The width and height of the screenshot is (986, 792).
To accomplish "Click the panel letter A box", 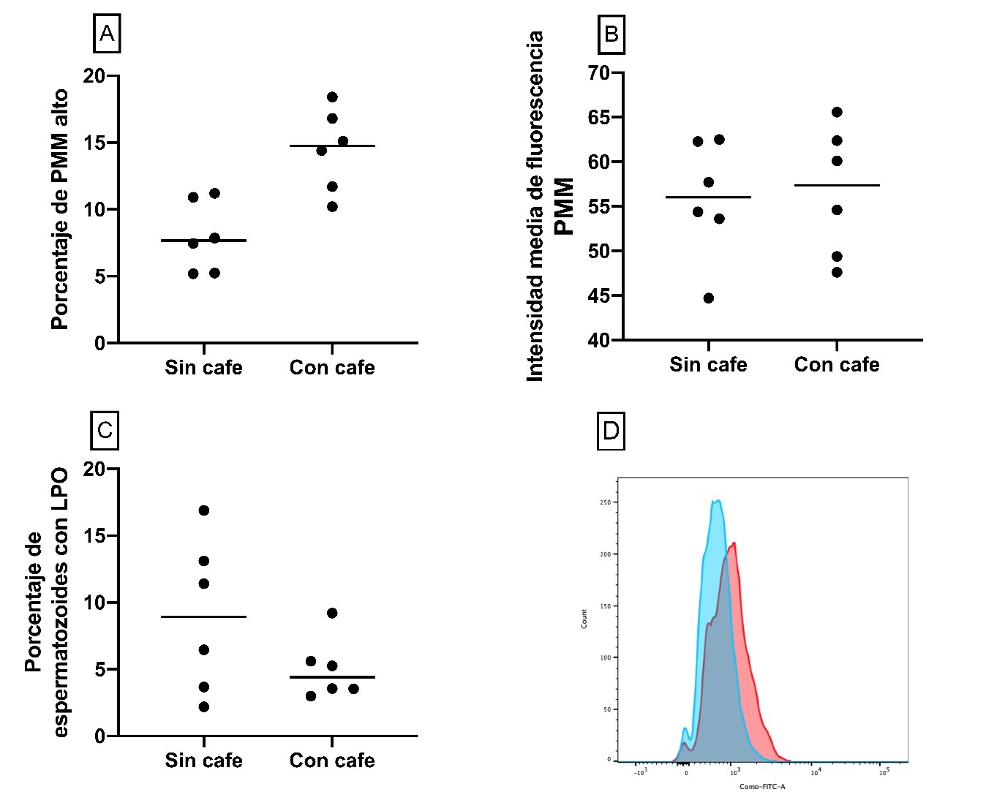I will point(107,34).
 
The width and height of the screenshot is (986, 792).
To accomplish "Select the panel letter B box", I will point(611,34).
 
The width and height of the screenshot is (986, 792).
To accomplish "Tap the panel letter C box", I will point(105,430).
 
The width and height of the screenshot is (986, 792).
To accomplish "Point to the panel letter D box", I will point(611,431).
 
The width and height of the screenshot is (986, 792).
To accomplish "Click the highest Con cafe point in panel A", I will point(332,97).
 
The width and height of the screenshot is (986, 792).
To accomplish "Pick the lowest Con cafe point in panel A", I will point(332,207).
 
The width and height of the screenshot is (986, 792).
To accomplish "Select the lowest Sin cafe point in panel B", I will point(708,298).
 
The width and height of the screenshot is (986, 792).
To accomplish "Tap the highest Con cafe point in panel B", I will point(837,113).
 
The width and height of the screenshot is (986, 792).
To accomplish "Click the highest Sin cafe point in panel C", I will point(203,510).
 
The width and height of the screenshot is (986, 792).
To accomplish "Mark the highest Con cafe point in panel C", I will point(332,614).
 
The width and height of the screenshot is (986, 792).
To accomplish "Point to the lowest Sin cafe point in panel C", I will point(203,707).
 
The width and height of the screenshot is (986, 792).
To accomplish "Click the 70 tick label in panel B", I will point(598,73).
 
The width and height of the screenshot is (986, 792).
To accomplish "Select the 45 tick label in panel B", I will point(598,296).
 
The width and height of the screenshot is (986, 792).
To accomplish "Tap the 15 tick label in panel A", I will point(94,143).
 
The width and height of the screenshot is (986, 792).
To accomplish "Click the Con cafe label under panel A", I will point(332,367).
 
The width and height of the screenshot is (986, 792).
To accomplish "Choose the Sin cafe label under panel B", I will point(708,364).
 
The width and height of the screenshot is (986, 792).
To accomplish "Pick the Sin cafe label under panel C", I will point(203,761).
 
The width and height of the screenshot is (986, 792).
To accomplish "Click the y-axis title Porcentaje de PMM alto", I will point(60,209).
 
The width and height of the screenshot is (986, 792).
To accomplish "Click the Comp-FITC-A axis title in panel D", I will point(762,786).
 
